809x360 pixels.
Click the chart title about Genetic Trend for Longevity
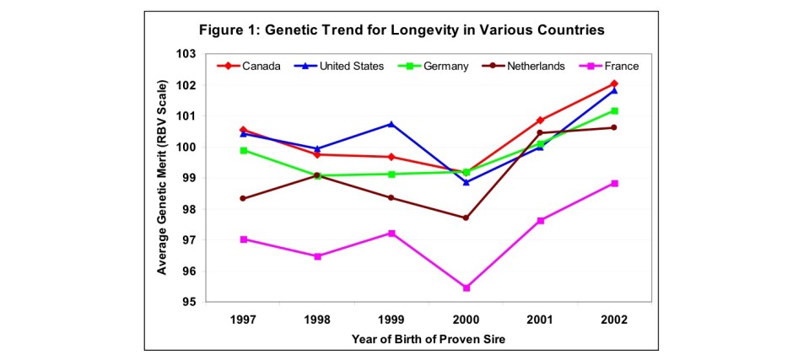click(402, 30)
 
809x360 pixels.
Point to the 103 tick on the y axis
click(186, 54)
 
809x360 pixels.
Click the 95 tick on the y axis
click(189, 302)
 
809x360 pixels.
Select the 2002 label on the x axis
click(615, 320)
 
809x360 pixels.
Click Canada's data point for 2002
click(615, 83)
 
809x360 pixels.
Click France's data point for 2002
click(615, 183)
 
